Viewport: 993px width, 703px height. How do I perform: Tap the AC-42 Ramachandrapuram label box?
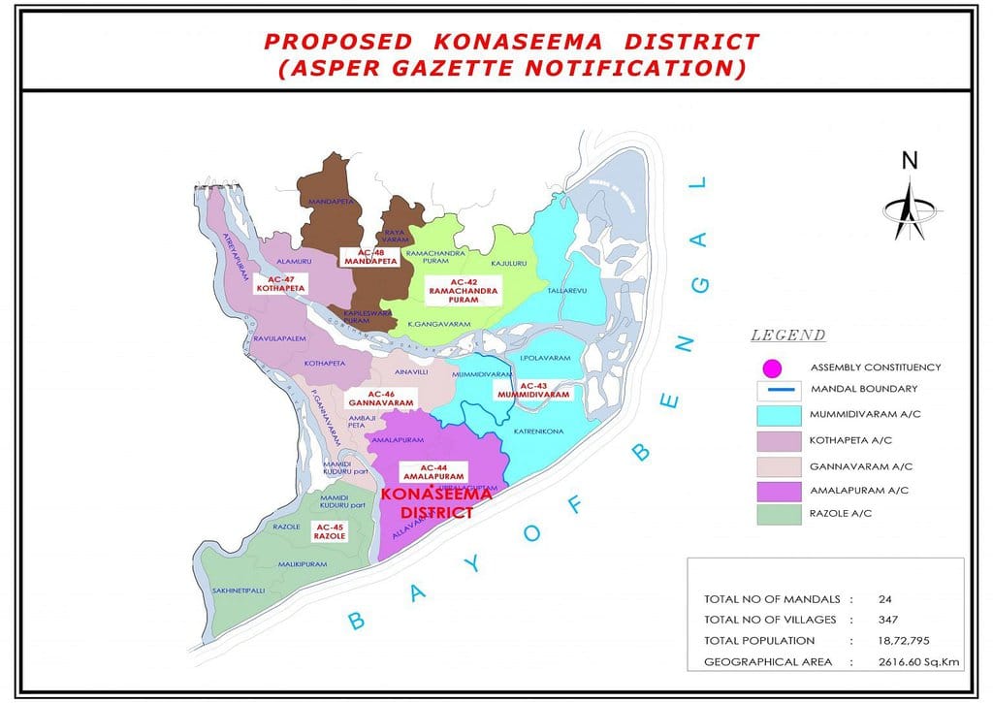459,291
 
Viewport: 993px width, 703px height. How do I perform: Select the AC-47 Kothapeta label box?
281,283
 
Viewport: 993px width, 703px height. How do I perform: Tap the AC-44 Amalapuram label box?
432,472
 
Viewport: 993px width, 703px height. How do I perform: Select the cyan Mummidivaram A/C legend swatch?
779,415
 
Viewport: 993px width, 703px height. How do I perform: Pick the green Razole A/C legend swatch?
779,514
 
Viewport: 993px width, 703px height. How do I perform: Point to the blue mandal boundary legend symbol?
779,390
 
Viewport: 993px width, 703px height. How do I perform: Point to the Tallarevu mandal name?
569,290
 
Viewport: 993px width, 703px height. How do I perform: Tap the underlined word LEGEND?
787,336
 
